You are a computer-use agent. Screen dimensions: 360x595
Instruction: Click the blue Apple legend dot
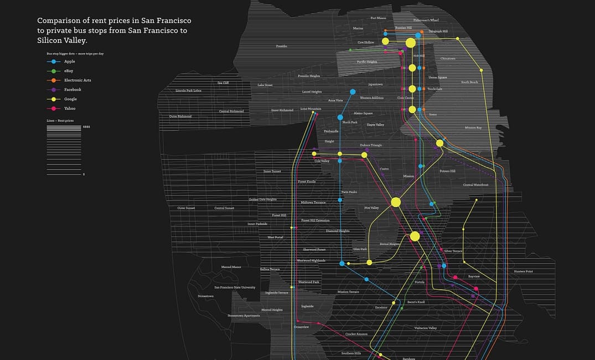tap(53, 61)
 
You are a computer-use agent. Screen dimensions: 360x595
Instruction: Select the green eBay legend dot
tap(53, 71)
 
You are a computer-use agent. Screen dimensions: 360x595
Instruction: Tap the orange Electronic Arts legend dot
tap(53, 80)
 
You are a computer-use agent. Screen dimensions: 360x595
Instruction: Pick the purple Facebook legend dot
tap(53, 90)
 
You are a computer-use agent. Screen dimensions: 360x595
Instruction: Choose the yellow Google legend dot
tap(53, 99)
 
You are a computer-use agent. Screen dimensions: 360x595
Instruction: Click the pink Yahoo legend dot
tap(53, 109)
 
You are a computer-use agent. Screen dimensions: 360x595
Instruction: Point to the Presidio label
tap(282, 46)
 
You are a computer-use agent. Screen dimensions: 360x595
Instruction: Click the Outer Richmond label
tap(180, 116)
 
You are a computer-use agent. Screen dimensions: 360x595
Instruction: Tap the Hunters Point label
tap(523, 271)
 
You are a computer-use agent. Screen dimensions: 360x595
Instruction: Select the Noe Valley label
tap(371, 208)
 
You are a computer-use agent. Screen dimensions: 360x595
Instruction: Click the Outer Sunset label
tap(186, 208)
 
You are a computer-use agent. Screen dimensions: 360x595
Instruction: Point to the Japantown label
tap(375, 84)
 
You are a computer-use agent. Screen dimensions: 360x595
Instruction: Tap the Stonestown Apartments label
tap(244, 316)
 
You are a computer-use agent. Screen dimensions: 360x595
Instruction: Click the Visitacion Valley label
tap(426, 328)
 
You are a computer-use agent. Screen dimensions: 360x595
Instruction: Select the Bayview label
tap(474, 276)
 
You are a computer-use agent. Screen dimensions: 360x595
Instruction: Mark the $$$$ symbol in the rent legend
tap(86, 127)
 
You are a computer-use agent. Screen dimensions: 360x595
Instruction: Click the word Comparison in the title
tap(62, 20)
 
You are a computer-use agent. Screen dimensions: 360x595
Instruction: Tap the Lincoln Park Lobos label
tap(188, 90)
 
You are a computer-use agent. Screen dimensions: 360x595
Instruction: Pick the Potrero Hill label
tap(447, 171)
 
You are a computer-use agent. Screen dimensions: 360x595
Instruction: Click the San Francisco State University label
tap(235, 287)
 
